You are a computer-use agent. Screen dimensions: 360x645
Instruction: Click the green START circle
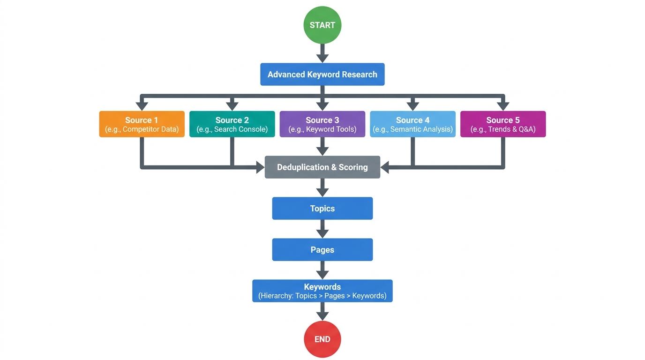[322, 25]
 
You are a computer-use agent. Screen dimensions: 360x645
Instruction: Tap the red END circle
[322, 339]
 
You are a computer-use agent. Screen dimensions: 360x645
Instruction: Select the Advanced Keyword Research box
[322, 75]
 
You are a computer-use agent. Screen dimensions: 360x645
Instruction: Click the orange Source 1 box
[142, 124]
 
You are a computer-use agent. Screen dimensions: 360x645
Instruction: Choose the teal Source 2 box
[232, 124]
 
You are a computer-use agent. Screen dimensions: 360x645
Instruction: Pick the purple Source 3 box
[322, 124]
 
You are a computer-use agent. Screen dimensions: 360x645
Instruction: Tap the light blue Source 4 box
[412, 124]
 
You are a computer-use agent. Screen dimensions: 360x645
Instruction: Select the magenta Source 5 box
[503, 124]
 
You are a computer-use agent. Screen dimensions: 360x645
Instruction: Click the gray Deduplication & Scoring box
[322, 167]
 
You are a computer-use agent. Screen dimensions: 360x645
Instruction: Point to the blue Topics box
[322, 209]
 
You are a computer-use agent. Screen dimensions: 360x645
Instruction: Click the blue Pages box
[322, 250]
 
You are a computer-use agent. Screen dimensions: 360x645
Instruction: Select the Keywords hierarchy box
[322, 291]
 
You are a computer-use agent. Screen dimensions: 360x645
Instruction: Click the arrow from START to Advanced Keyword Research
[322, 53]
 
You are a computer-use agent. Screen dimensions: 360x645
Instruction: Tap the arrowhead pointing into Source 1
[142, 105]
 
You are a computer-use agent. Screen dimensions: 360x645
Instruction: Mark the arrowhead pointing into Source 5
[503, 105]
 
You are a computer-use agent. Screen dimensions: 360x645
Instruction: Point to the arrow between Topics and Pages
[322, 229]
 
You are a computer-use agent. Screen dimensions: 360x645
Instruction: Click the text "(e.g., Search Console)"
[232, 129]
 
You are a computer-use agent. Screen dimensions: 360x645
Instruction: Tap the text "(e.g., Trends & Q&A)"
[503, 129]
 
